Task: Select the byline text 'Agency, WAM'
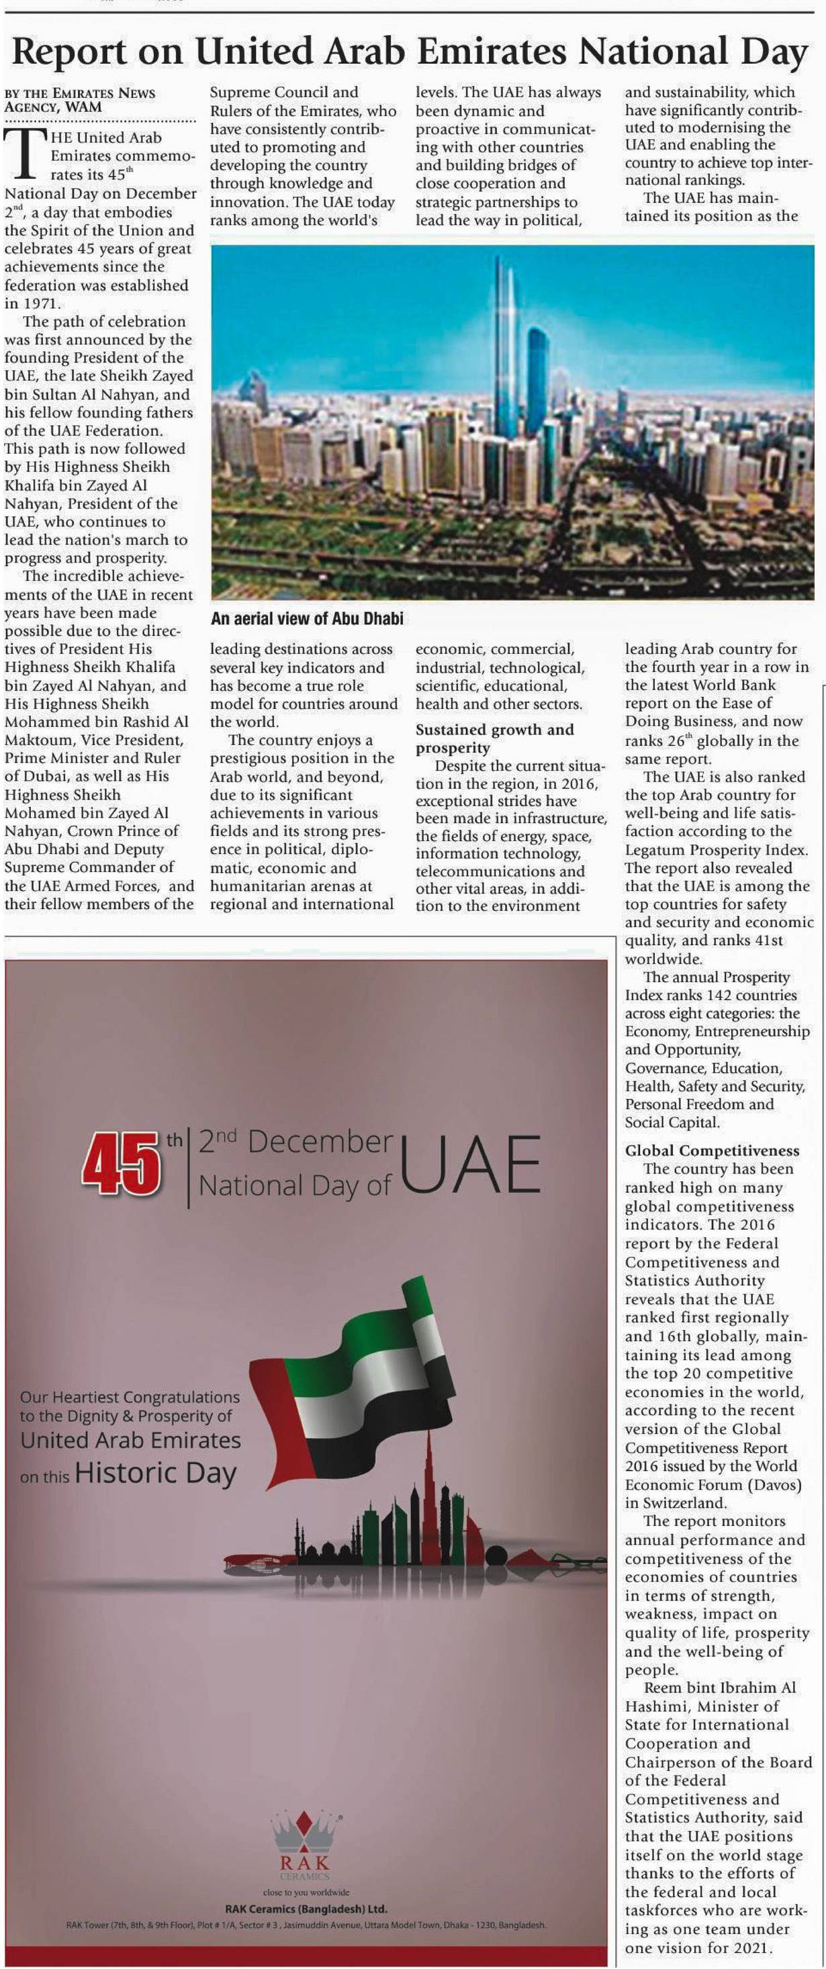click(53, 107)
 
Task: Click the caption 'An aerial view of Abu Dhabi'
click(307, 619)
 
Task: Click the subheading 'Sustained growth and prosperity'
click(494, 738)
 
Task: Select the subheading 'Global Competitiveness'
click(712, 1151)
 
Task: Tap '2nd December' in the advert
click(295, 1141)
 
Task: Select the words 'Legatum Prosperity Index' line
click(715, 849)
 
